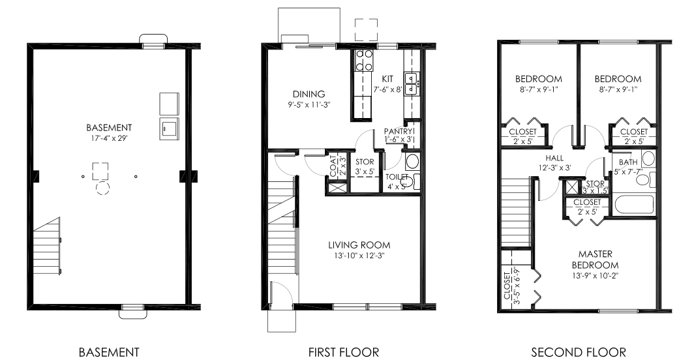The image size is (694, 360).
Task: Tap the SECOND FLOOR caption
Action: (x=578, y=352)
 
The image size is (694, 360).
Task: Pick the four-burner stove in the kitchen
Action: (x=363, y=60)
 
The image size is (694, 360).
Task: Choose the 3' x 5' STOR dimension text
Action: (x=364, y=172)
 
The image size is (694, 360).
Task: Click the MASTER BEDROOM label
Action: (x=594, y=259)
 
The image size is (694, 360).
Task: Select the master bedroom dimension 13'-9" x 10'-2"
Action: (x=594, y=275)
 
